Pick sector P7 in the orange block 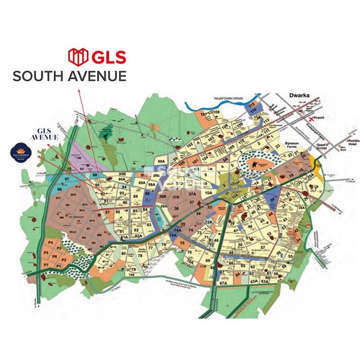tap(46, 266)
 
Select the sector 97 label tap(67, 180)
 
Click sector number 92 tap(103, 194)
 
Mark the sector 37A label tap(193, 194)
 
